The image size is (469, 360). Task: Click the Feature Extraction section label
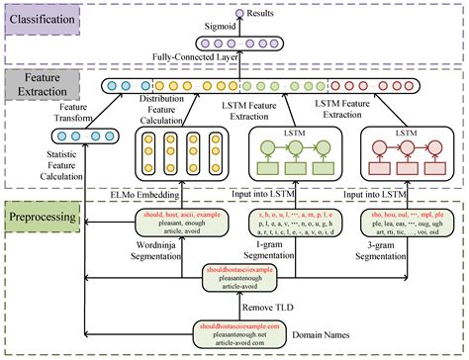coord(38,86)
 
